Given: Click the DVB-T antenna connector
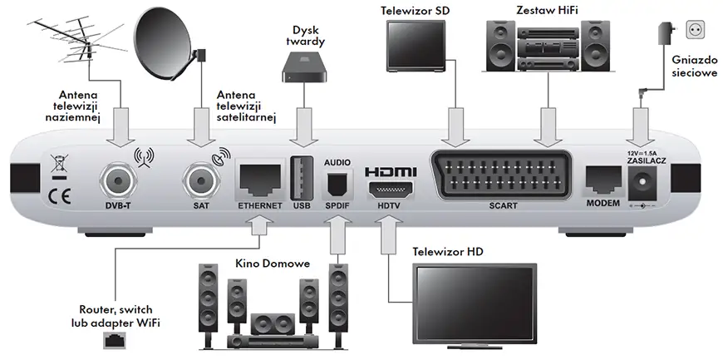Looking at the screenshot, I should [116, 179].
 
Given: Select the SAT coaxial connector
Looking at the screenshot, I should [199, 179].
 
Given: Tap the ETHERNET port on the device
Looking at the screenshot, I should [259, 176].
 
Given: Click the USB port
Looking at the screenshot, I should [301, 177].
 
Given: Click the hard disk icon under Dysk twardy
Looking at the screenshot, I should [302, 63].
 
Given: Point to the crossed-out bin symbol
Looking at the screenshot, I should [57, 161].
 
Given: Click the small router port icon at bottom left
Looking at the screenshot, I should [114, 340].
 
